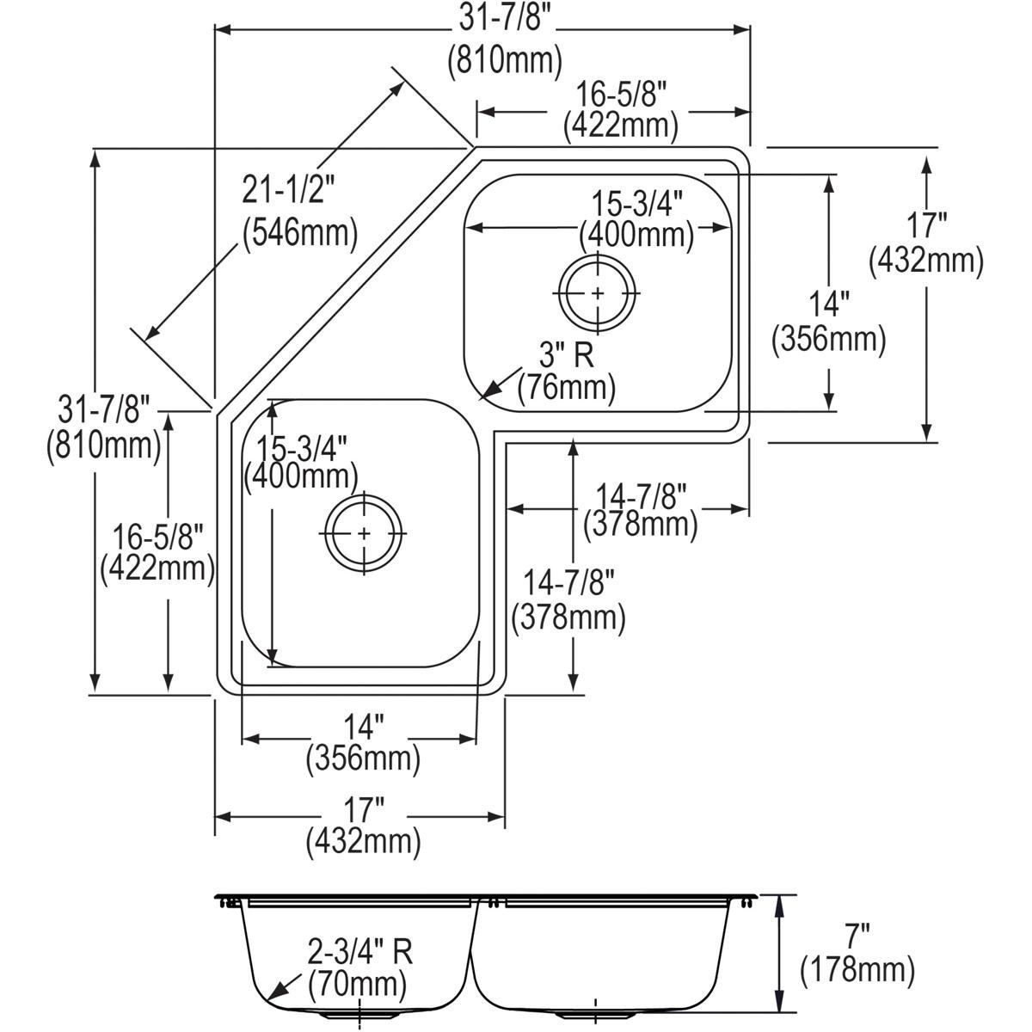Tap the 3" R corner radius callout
[566, 353]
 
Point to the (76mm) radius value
[566, 388]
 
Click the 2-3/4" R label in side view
[361, 951]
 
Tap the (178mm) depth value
[857, 971]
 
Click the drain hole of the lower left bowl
[364, 533]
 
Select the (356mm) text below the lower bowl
[362, 759]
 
